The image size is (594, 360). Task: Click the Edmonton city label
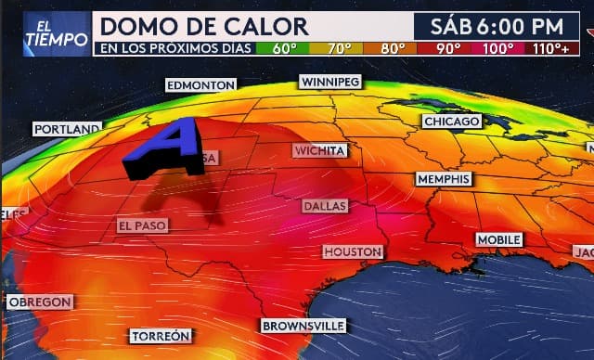tap(200, 85)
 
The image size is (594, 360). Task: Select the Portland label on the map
tap(67, 129)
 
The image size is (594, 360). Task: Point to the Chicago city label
tap(452, 122)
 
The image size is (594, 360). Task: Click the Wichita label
tap(320, 150)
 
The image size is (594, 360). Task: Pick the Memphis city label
tap(444, 179)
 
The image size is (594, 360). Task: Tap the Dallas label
tap(324, 205)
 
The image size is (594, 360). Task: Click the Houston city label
tap(353, 251)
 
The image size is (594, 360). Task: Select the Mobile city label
tap(499, 239)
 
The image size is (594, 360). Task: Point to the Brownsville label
tap(303, 326)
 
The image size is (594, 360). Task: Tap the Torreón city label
tap(161, 336)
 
